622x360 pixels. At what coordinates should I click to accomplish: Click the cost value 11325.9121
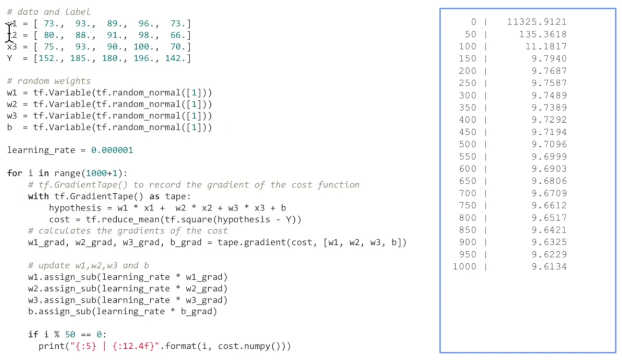pos(536,22)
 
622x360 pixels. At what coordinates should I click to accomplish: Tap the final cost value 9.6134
pos(549,267)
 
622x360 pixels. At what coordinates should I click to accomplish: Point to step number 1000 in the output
pos(464,267)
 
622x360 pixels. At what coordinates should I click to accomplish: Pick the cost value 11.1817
pos(546,47)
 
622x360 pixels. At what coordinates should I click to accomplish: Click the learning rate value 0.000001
pos(111,150)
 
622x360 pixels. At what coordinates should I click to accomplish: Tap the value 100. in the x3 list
pos(144,47)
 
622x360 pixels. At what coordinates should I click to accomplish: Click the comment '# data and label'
pos(48,11)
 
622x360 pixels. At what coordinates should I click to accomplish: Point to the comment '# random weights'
pos(48,81)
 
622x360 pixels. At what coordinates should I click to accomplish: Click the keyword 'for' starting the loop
pos(14,173)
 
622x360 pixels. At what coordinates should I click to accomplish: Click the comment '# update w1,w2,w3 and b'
pos(88,265)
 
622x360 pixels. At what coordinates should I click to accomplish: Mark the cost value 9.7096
pos(549,144)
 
